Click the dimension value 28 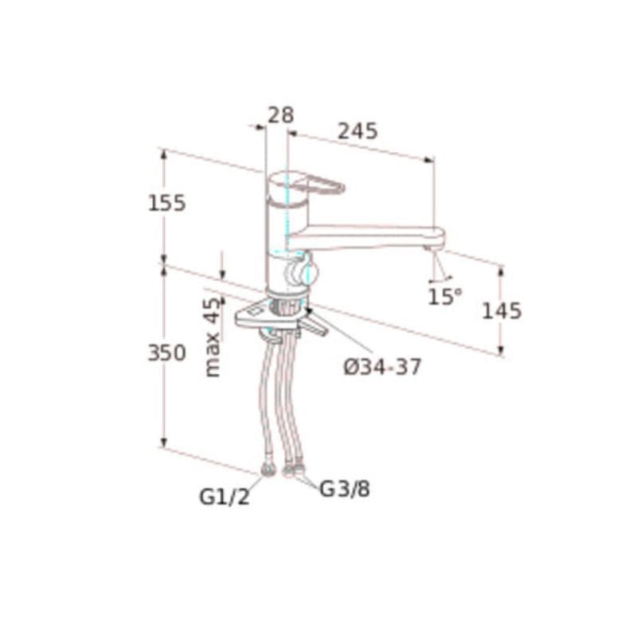[x=280, y=115]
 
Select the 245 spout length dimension [x=358, y=131]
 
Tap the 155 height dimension [x=166, y=203]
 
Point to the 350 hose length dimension [x=166, y=353]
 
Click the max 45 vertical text [x=213, y=337]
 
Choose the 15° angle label [x=445, y=296]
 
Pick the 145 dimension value [x=502, y=311]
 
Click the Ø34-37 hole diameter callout [x=383, y=367]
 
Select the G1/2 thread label [x=225, y=496]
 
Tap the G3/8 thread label [x=345, y=489]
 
